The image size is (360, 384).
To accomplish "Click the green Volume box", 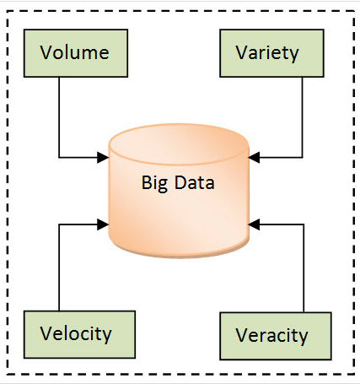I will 75,52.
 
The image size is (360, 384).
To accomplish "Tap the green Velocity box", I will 76,333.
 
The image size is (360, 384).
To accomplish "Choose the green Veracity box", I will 270,335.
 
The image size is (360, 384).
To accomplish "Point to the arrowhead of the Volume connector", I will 105,156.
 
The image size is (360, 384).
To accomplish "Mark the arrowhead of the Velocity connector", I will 105,224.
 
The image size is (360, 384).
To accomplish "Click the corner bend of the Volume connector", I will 59,156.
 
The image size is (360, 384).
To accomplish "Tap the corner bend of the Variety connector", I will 302,156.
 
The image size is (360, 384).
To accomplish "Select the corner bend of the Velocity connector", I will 59,224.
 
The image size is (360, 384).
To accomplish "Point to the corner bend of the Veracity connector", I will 302,224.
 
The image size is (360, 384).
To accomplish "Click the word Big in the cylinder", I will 155,181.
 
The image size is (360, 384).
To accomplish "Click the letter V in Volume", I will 46,52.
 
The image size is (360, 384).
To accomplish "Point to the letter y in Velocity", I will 106,335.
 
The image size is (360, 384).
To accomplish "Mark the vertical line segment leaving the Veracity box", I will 302,270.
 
